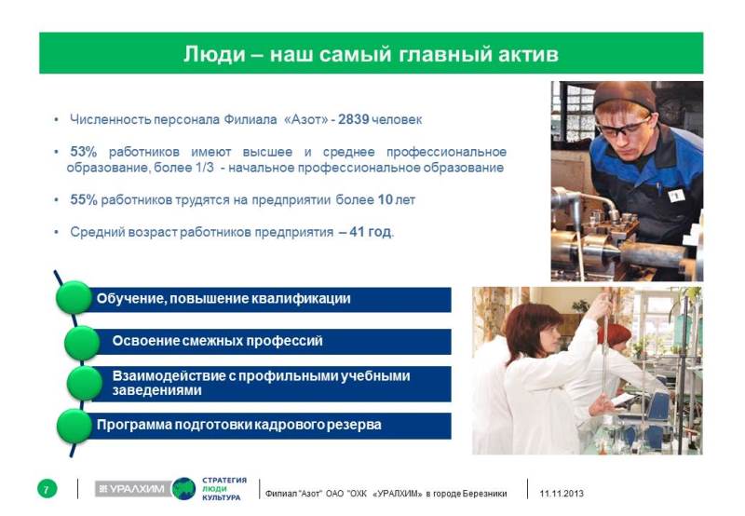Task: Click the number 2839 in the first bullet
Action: point(354,119)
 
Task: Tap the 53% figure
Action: point(83,152)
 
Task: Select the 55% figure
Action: point(84,200)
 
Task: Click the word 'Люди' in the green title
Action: point(215,54)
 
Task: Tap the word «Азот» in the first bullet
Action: point(305,119)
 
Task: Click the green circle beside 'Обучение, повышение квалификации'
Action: point(74,297)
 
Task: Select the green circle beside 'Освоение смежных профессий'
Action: point(82,343)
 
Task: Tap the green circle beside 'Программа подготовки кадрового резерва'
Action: point(74,427)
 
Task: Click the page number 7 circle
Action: point(47,489)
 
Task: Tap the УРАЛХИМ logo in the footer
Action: point(133,489)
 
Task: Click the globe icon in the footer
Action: point(183,489)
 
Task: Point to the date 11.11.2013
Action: point(562,494)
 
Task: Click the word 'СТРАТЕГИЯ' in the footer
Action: point(224,481)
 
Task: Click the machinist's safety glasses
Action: point(622,128)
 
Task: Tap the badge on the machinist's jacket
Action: point(676,195)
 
